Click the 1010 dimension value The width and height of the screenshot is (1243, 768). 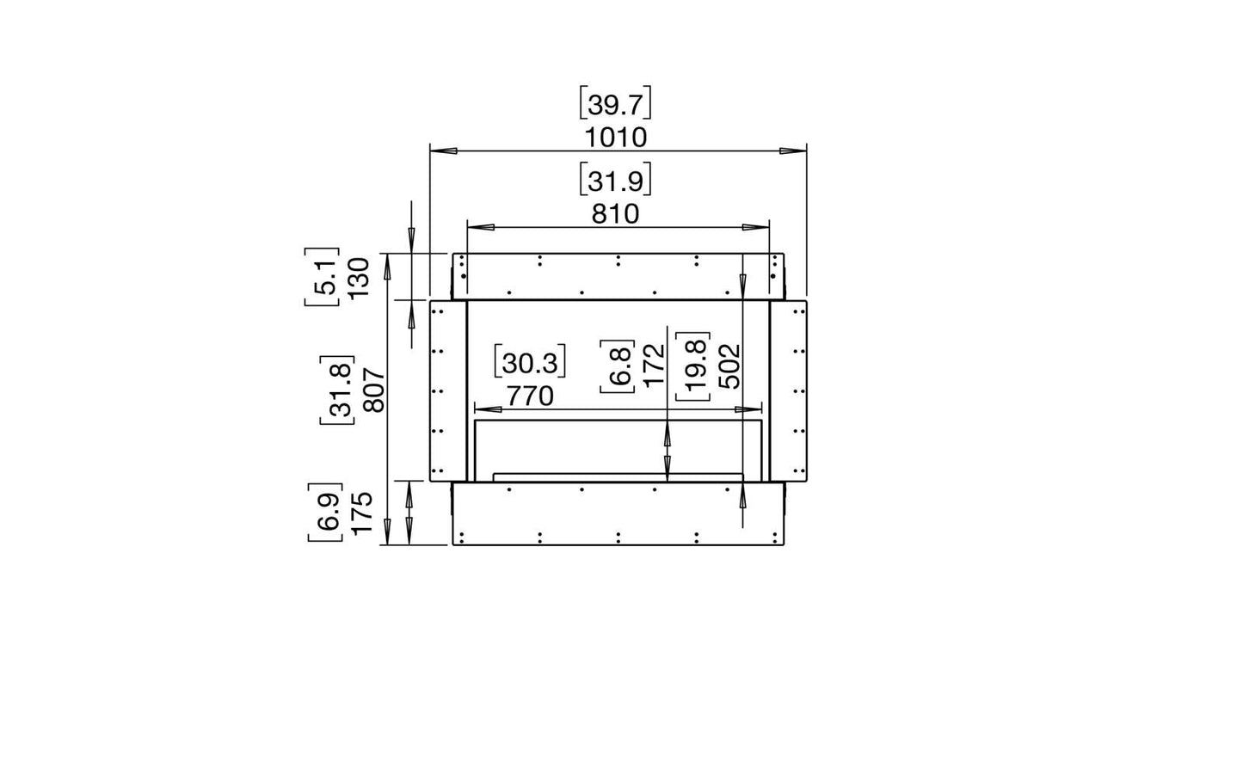(x=616, y=138)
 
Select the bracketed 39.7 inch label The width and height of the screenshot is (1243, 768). (x=615, y=103)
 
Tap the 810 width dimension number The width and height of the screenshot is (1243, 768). (x=615, y=214)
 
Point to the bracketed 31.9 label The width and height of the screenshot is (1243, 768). (x=615, y=179)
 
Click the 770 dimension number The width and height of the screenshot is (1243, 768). (x=530, y=396)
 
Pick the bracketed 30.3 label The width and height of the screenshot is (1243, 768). (x=530, y=362)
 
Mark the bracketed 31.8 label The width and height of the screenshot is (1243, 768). (x=338, y=390)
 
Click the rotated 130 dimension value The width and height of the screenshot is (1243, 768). (x=359, y=278)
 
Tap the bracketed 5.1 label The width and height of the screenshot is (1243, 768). (x=323, y=277)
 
